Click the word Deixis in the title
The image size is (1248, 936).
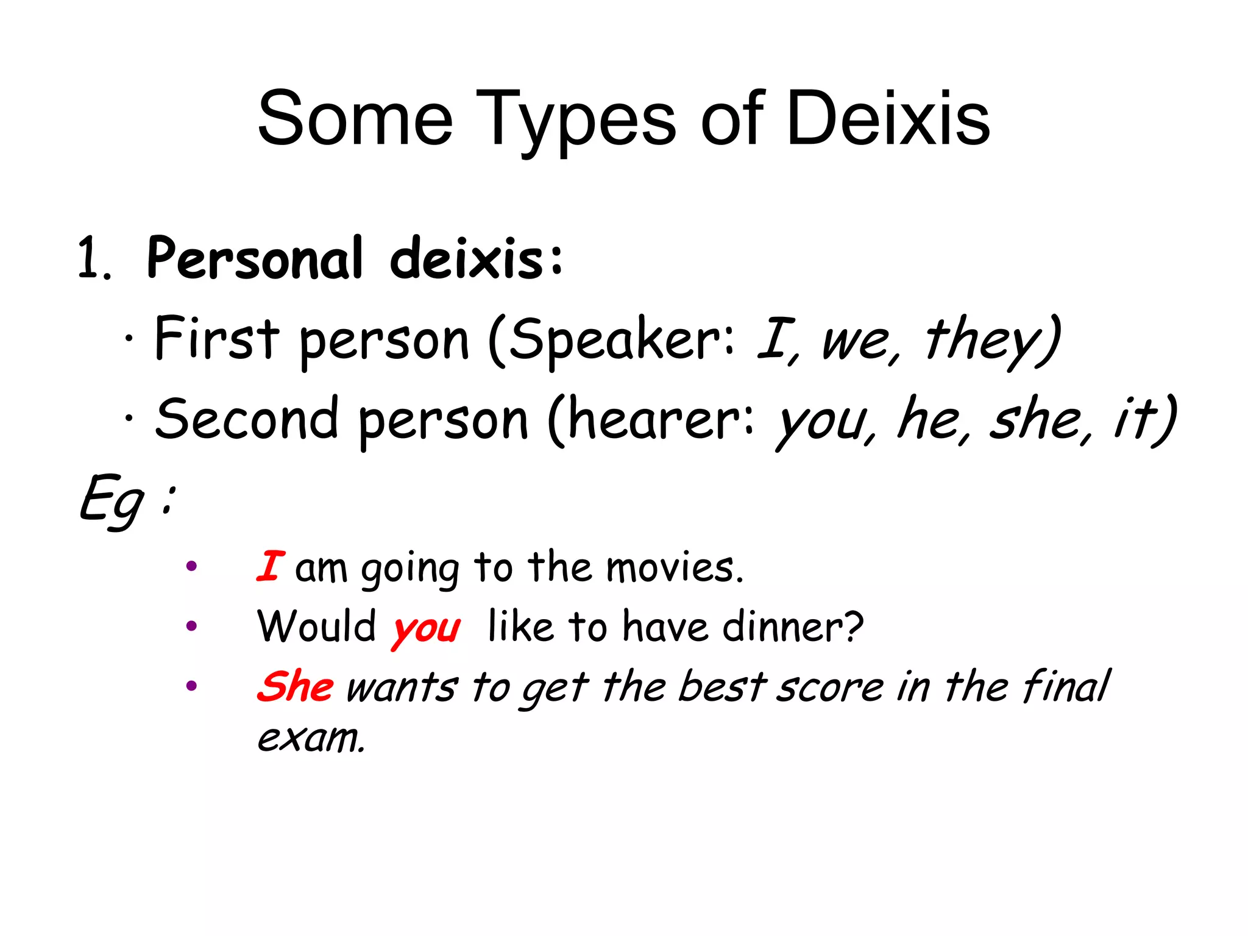888,119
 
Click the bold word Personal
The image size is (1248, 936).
255,259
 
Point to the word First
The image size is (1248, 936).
216,338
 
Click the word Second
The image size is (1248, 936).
246,419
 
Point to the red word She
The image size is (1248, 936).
295,686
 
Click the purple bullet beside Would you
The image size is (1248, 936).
191,626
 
